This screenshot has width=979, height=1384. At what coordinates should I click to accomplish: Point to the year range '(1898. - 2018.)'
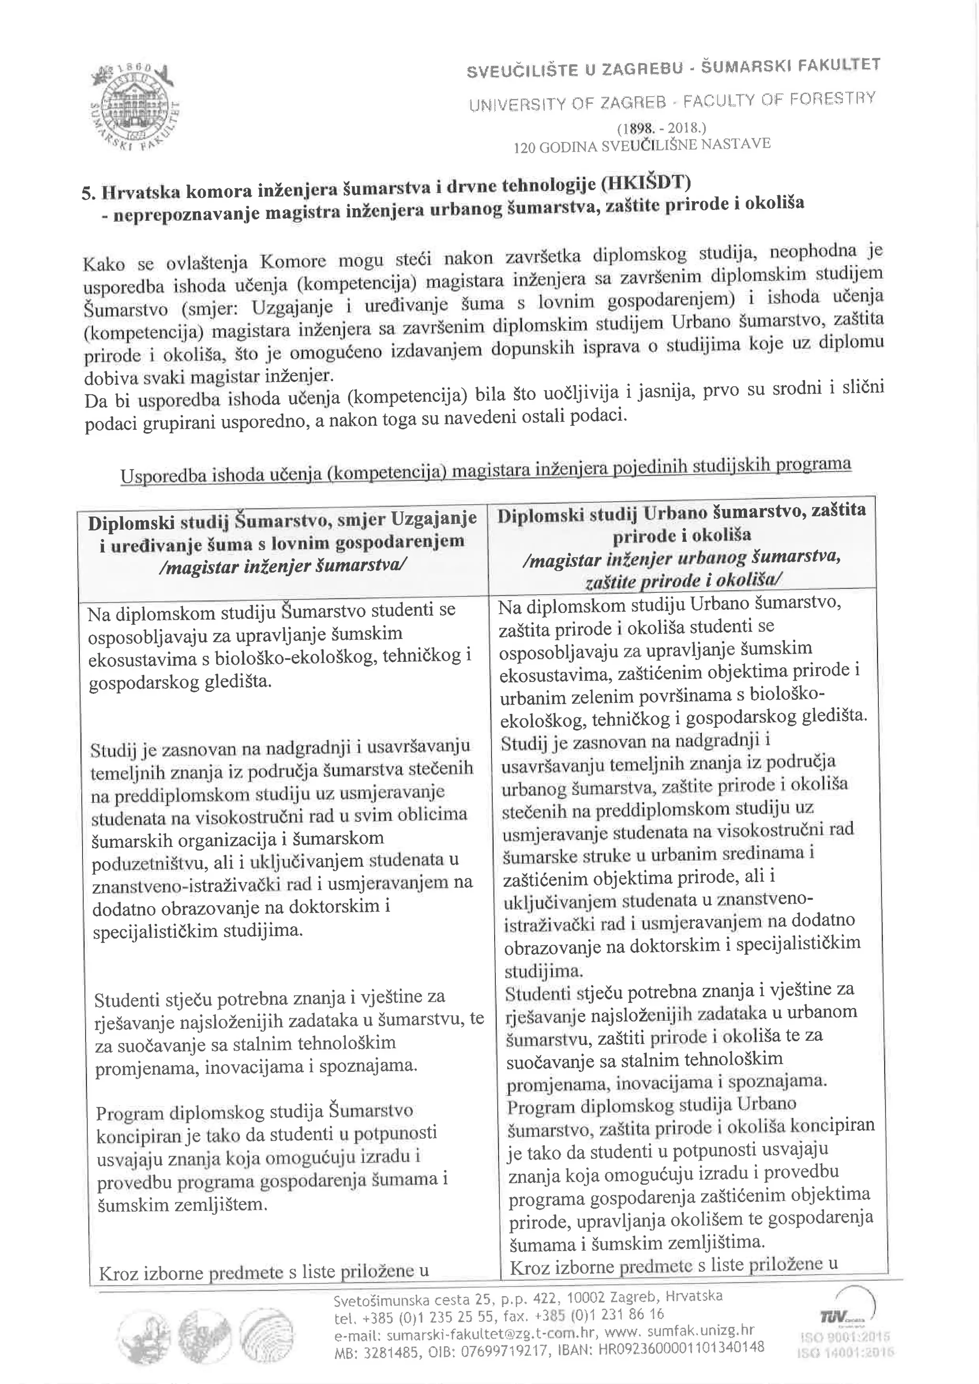click(x=661, y=129)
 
